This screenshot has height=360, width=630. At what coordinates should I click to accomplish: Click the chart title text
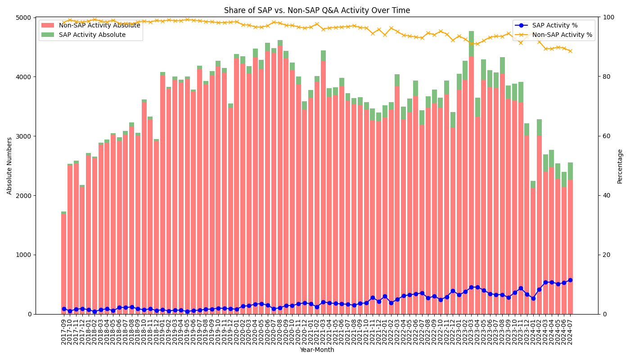pos(317,10)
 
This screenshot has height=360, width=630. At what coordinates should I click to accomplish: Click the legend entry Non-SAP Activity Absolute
pos(99,25)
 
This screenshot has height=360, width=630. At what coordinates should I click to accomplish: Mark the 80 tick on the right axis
pos(607,77)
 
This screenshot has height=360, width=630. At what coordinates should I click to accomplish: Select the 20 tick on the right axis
pos(607,255)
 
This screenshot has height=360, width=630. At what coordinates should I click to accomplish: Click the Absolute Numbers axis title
pos(10,166)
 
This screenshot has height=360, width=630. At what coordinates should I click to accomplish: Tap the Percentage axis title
pos(620,166)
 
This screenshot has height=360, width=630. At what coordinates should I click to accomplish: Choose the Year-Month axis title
pos(317,350)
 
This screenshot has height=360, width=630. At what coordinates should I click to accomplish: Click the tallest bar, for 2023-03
pos(471,180)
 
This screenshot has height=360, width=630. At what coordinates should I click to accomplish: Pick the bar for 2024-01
pos(533,252)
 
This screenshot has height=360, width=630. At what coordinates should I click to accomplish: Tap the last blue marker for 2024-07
pos(570,280)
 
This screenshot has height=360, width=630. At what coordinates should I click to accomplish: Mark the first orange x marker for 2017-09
pos(64,22)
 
